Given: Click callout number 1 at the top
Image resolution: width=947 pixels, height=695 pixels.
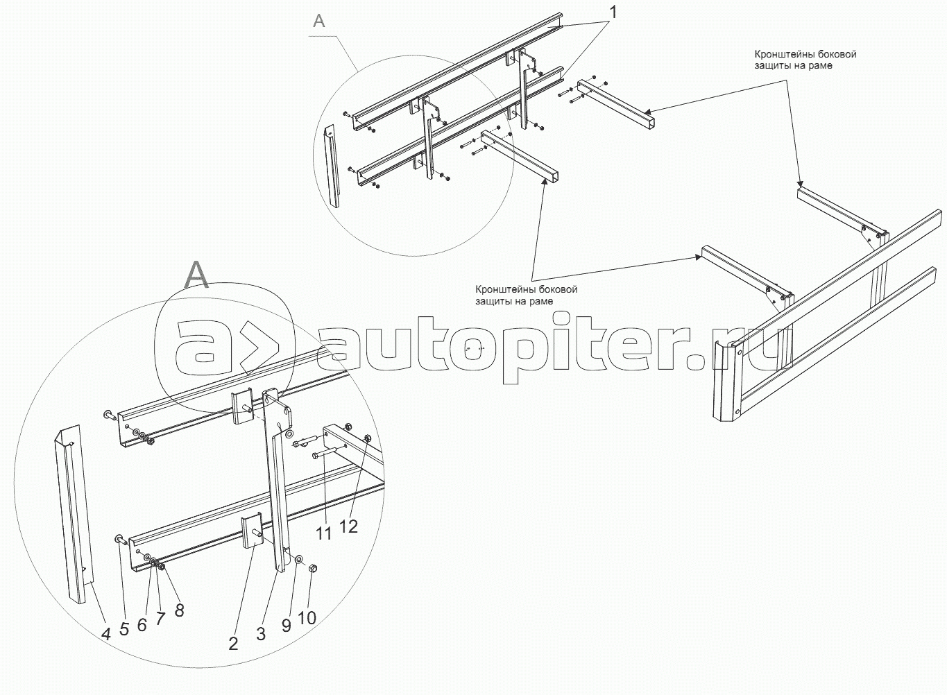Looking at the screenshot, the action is pyautogui.click(x=612, y=12).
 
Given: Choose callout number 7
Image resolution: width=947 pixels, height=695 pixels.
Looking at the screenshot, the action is pyautogui.click(x=160, y=619).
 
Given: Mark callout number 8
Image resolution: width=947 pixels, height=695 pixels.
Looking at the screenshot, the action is pyautogui.click(x=179, y=610).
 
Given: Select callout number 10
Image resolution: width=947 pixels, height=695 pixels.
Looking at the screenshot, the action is pyautogui.click(x=307, y=618).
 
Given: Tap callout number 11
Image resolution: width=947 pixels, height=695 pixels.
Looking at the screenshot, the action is pyautogui.click(x=324, y=533).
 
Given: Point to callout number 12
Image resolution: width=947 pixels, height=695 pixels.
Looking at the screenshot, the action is pyautogui.click(x=349, y=526).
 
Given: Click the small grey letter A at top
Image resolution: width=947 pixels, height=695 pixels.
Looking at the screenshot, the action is pyautogui.click(x=318, y=20).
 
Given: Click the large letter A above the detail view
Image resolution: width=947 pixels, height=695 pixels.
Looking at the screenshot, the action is pyautogui.click(x=197, y=275).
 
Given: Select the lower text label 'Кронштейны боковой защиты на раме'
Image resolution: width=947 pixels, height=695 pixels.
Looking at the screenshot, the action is pyautogui.click(x=527, y=295).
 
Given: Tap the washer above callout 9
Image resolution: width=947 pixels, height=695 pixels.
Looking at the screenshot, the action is pyautogui.click(x=298, y=560).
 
